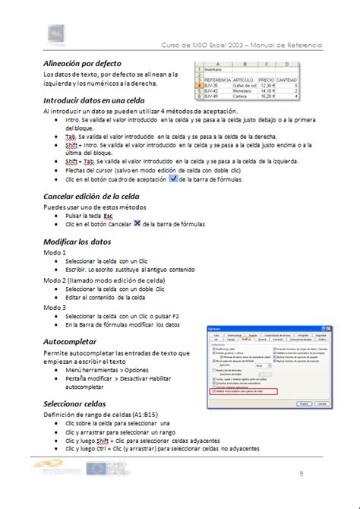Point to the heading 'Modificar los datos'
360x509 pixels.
coord(77,242)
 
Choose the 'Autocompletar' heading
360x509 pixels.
coord(70,342)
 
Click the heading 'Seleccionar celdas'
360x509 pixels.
coord(74,403)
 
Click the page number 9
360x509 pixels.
coord(301,475)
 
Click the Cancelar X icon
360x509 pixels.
coord(137,224)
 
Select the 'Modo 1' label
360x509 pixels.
coord(55,252)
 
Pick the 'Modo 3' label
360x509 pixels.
coord(55,308)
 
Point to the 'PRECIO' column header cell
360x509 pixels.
coord(266,79)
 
